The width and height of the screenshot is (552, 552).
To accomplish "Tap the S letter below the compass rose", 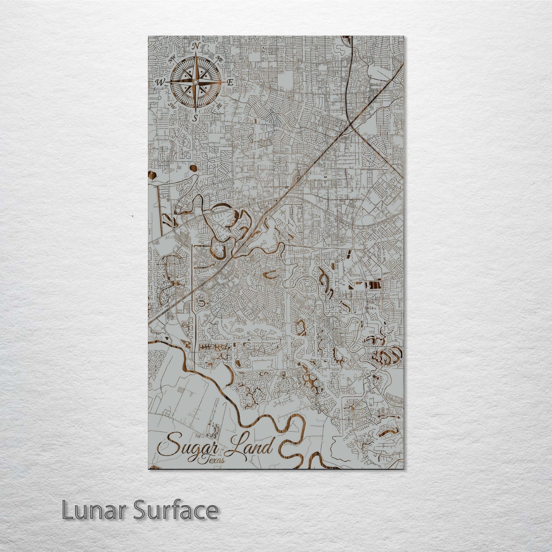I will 195,118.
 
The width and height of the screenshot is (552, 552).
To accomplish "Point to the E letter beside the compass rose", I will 230,82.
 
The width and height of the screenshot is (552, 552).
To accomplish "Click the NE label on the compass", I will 219,58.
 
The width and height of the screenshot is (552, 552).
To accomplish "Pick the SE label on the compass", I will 219,107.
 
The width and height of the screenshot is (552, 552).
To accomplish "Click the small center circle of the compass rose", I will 195,82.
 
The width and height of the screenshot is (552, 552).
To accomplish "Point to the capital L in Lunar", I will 67,510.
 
